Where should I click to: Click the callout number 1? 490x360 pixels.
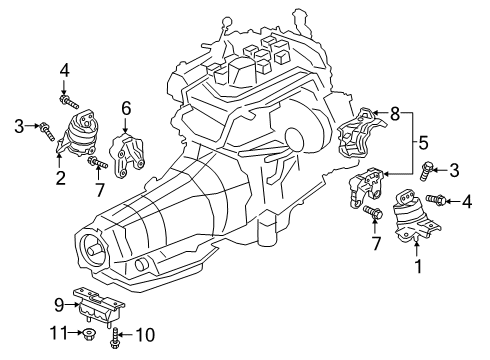coord(418,267)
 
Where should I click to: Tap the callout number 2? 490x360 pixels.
coord(61,179)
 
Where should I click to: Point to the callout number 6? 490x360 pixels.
coord(127,108)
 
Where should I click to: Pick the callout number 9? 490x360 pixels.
coord(58,303)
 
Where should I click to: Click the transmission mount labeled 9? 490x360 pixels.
coord(98,307)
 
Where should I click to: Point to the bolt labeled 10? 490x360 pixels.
coord(117,336)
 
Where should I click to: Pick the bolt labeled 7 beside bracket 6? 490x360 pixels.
coord(97,162)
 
